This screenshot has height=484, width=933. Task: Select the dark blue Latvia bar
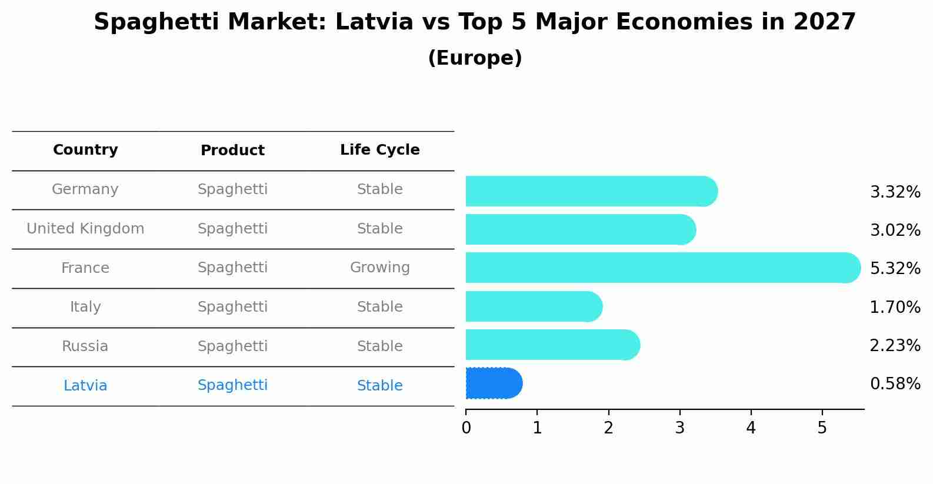tap(493, 383)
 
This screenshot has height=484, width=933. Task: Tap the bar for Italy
tap(533, 306)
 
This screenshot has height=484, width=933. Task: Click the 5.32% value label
tap(895, 269)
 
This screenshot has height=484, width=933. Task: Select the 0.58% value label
tap(895, 384)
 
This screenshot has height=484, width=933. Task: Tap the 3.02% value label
tap(895, 231)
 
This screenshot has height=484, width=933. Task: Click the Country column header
tap(85, 150)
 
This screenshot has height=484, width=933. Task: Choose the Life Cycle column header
tap(379, 150)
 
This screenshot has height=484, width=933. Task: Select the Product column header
tap(232, 151)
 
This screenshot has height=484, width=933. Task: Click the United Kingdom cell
tap(85, 229)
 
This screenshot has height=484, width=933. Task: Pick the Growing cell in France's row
tap(379, 268)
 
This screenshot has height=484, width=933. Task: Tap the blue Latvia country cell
tap(85, 386)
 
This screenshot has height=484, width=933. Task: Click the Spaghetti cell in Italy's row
tap(232, 307)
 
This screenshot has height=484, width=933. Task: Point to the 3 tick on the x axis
tap(679, 428)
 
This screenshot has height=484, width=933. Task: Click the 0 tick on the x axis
tap(466, 428)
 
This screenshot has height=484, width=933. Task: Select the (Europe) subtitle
tap(475, 58)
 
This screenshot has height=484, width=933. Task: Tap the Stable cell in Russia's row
tap(379, 346)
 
